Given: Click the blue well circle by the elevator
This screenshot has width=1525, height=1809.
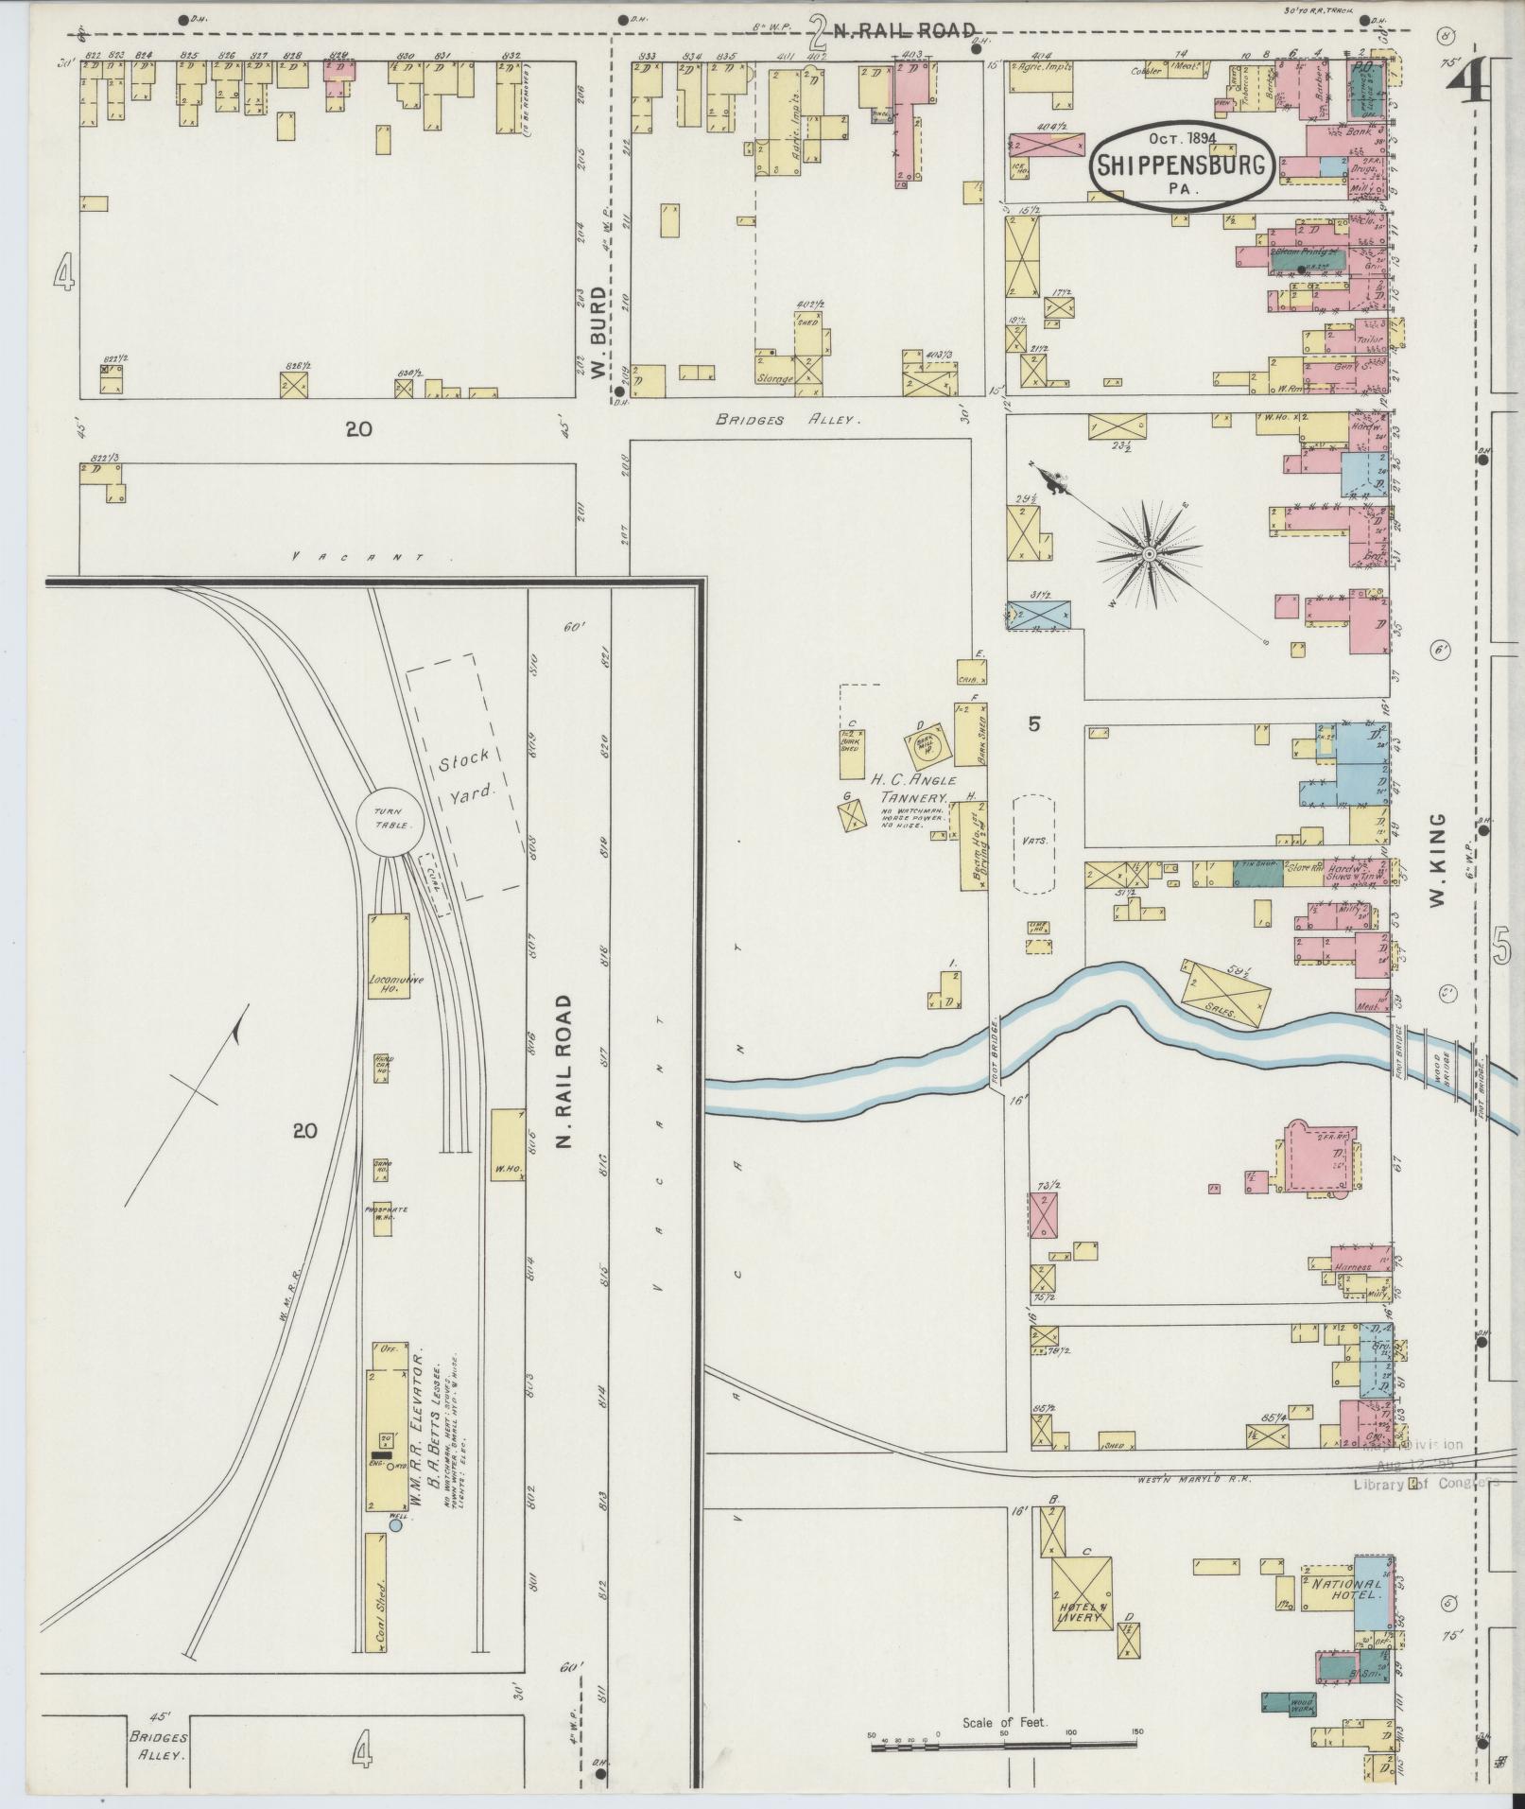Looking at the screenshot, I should click(x=395, y=1524).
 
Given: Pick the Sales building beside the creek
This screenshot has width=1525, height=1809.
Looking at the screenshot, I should click(x=1226, y=993).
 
